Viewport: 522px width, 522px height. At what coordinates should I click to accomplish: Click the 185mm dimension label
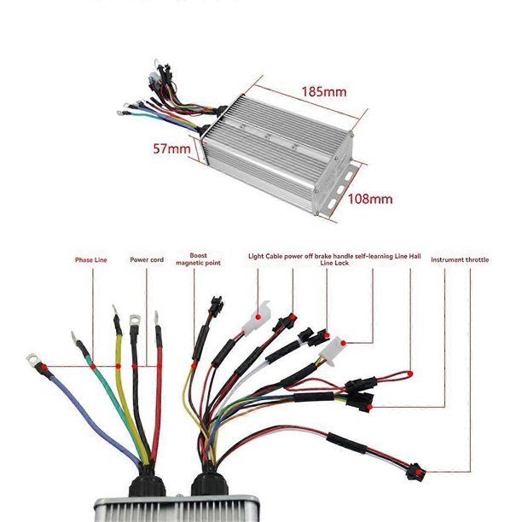click(x=324, y=92)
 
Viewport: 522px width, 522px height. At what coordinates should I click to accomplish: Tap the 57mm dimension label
click(x=171, y=148)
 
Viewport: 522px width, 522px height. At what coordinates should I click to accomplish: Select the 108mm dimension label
click(x=370, y=199)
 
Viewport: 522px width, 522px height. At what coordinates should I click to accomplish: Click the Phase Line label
click(x=91, y=260)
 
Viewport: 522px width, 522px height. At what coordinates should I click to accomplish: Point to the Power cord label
click(x=147, y=259)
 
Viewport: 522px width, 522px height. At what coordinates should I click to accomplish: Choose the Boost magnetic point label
click(x=198, y=259)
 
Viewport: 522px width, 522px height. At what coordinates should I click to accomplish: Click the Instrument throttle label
click(x=460, y=259)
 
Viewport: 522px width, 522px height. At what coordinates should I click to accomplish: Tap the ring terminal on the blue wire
click(x=32, y=360)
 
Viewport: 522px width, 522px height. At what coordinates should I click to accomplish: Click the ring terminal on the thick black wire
click(x=135, y=320)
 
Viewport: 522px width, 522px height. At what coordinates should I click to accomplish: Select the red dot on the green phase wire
click(x=93, y=367)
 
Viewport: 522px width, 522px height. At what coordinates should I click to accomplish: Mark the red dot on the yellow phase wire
click(x=119, y=366)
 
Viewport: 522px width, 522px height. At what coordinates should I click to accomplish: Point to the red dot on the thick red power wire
click(x=159, y=366)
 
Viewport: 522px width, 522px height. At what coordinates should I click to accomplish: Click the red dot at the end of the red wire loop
click(x=410, y=374)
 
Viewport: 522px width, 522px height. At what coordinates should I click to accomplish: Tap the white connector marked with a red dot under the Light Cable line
click(x=257, y=317)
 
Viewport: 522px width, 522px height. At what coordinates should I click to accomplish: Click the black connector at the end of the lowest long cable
click(x=415, y=472)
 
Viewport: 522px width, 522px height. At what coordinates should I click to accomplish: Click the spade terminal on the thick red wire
click(x=156, y=317)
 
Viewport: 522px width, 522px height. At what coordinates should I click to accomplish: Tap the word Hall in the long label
click(x=415, y=257)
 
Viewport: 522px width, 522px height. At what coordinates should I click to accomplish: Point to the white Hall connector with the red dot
click(x=333, y=351)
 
